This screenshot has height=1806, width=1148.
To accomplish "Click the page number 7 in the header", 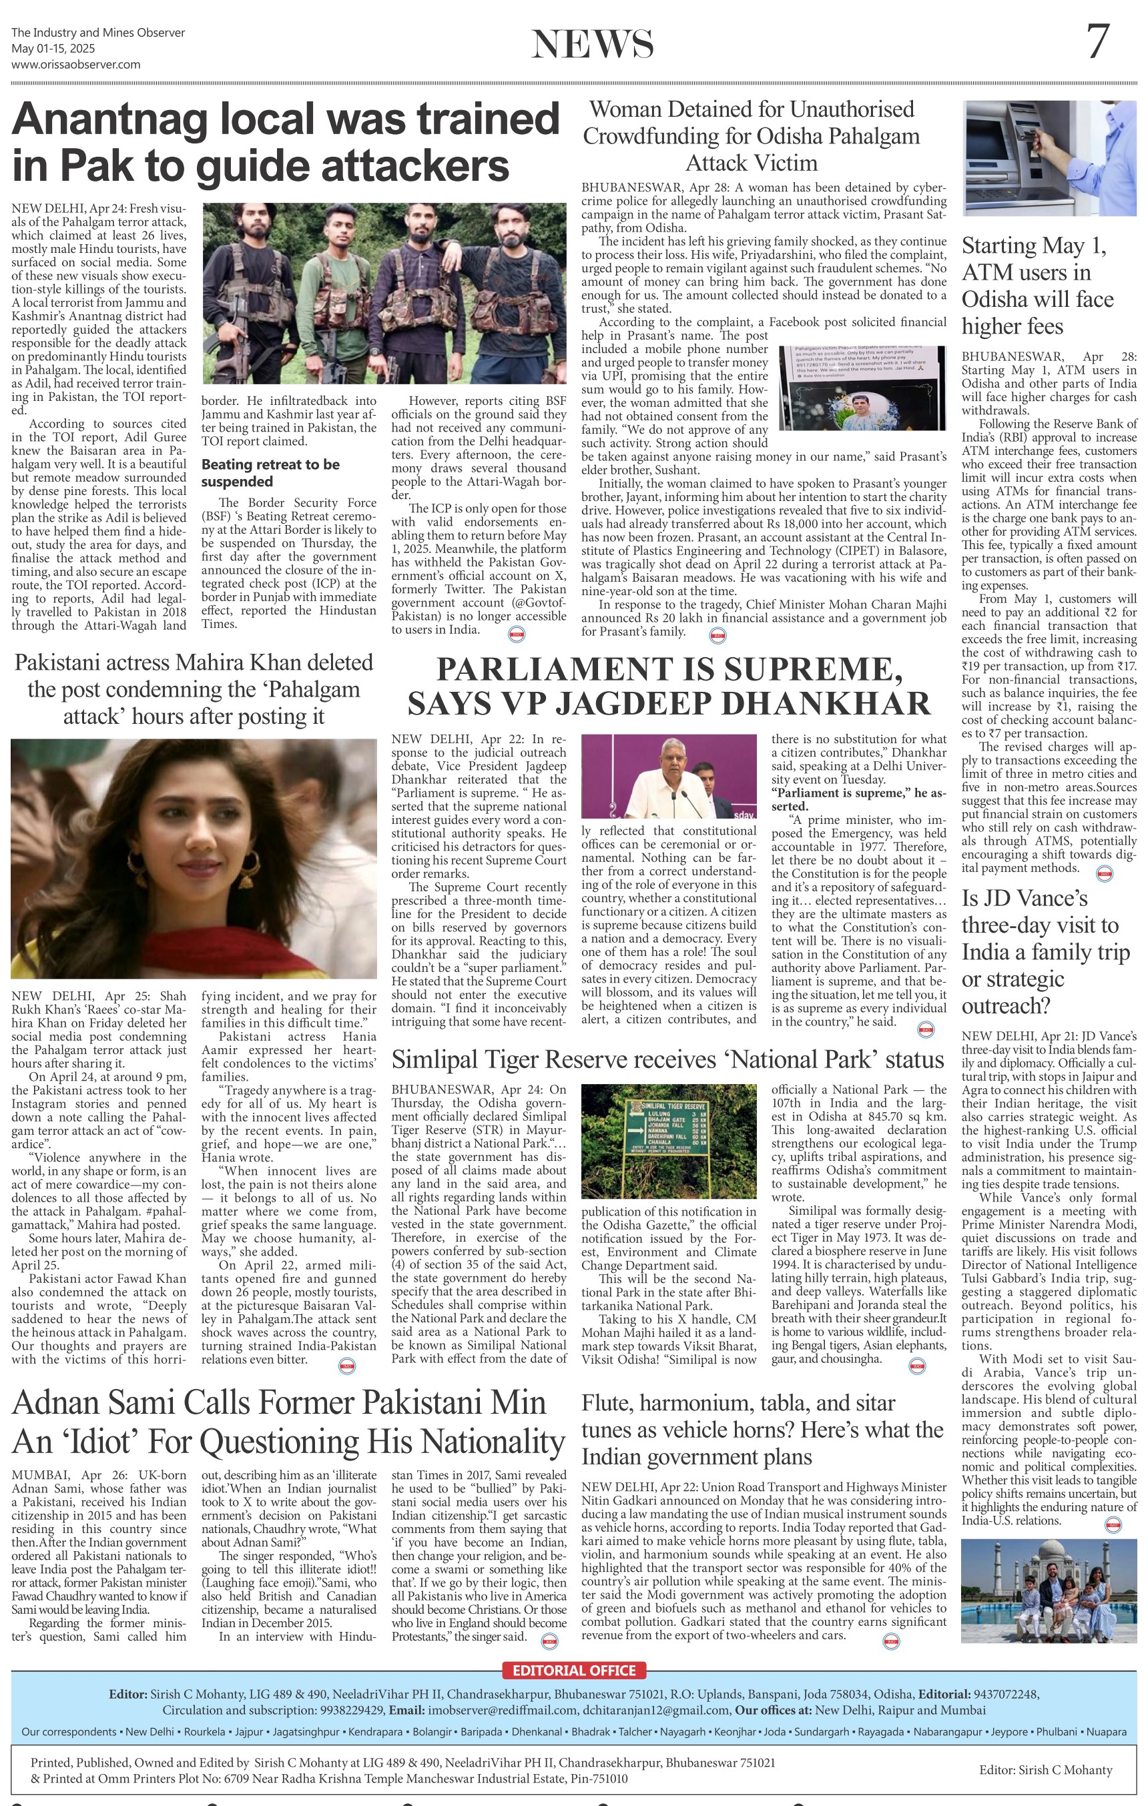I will tap(1097, 42).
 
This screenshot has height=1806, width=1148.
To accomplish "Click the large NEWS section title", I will tap(592, 44).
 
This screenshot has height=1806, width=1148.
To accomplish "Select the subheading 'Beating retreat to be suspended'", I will tap(270, 472).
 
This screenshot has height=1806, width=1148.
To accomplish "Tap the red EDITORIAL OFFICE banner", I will tap(574, 1671).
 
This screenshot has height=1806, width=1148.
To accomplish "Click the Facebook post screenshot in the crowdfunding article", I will tap(862, 387).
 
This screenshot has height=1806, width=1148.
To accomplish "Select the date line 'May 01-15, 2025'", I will tap(53, 49).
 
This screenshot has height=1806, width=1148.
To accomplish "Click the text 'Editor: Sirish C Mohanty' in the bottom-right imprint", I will tap(1045, 1770).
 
